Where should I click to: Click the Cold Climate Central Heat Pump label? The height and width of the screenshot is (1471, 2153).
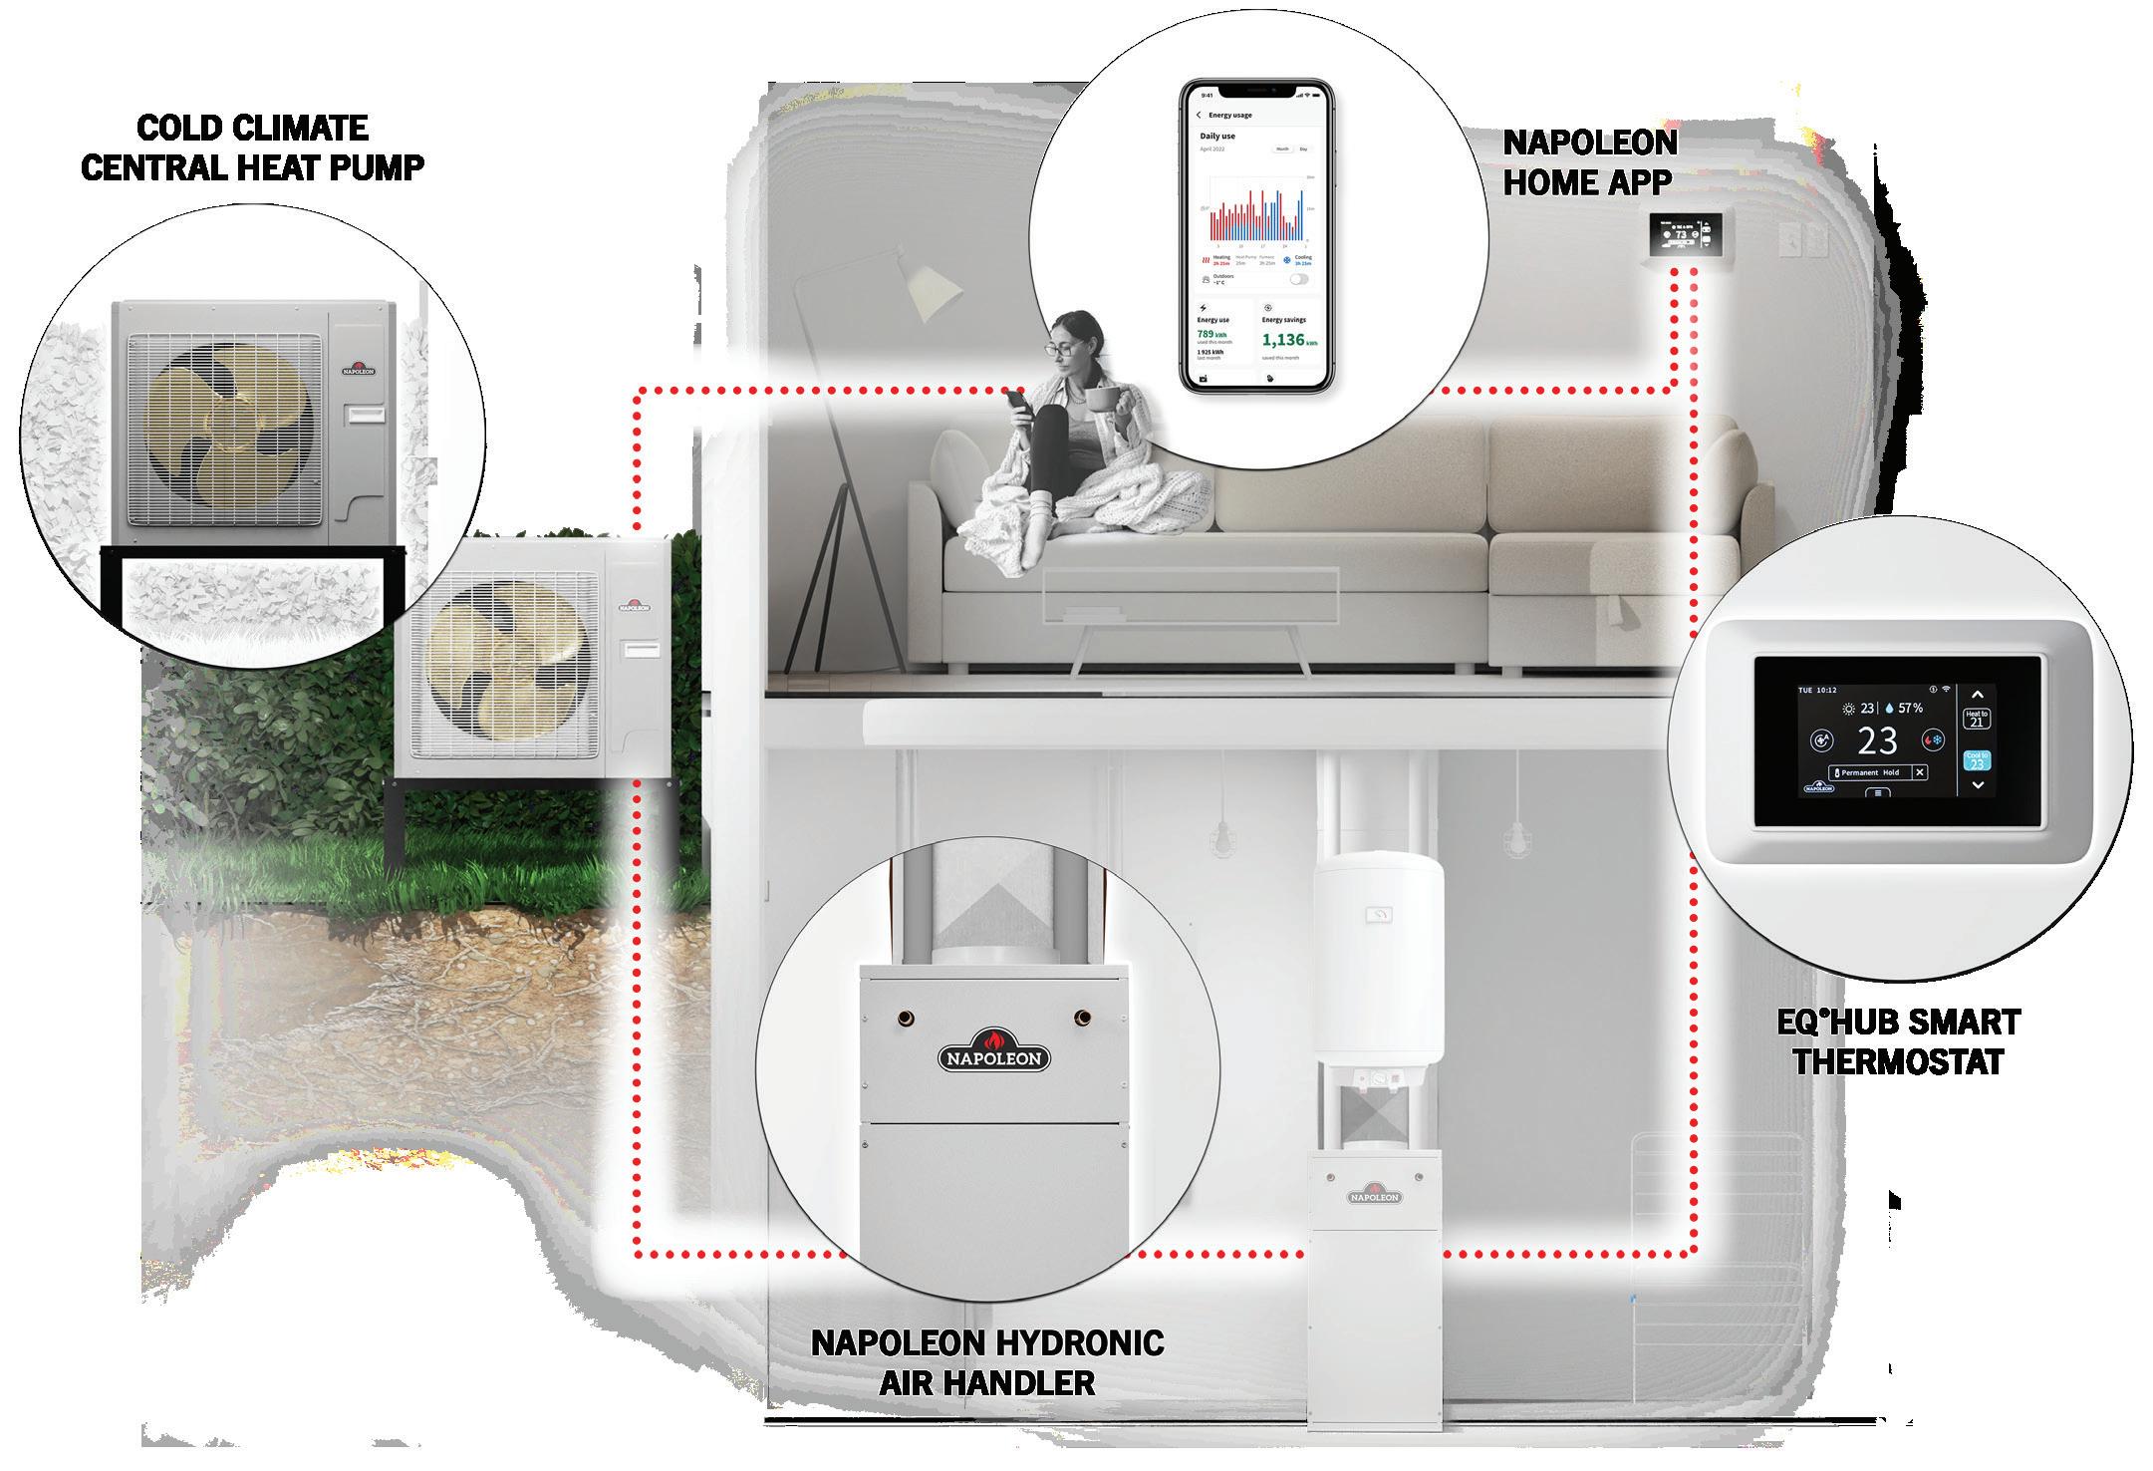[x=252, y=147]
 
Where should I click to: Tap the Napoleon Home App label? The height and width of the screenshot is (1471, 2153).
[x=1589, y=161]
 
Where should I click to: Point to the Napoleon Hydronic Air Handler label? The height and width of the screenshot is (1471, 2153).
[x=987, y=1362]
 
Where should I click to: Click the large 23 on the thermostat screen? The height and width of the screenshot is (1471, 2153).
[x=1877, y=741]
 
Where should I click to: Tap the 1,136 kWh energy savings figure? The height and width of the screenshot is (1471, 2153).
[x=1289, y=340]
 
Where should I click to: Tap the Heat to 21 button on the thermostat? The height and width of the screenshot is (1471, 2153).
[x=1977, y=719]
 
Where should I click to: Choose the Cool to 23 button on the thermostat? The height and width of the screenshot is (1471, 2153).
[x=1977, y=761]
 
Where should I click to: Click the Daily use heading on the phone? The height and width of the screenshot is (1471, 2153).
[x=1217, y=136]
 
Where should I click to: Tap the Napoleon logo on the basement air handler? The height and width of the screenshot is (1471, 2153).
[x=1375, y=1195]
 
